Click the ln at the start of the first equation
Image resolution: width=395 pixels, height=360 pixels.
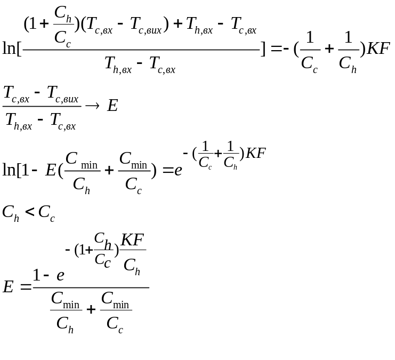point(9,50)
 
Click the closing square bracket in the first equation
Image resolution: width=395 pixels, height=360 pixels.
point(263,50)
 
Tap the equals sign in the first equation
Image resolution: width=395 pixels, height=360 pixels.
point(276,50)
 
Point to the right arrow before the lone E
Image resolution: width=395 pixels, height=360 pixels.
point(93,106)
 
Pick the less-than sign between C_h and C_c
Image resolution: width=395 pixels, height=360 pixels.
point(30,212)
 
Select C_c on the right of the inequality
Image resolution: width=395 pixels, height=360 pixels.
point(46,213)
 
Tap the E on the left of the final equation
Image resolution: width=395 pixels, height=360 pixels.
point(8,287)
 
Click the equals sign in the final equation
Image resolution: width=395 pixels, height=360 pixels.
point(25,287)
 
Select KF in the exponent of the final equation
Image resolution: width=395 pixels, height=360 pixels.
point(133,240)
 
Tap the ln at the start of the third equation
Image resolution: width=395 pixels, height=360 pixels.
point(9,170)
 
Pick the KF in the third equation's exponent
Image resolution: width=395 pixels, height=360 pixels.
point(255,154)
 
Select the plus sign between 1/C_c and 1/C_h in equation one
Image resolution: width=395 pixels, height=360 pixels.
point(328,50)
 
